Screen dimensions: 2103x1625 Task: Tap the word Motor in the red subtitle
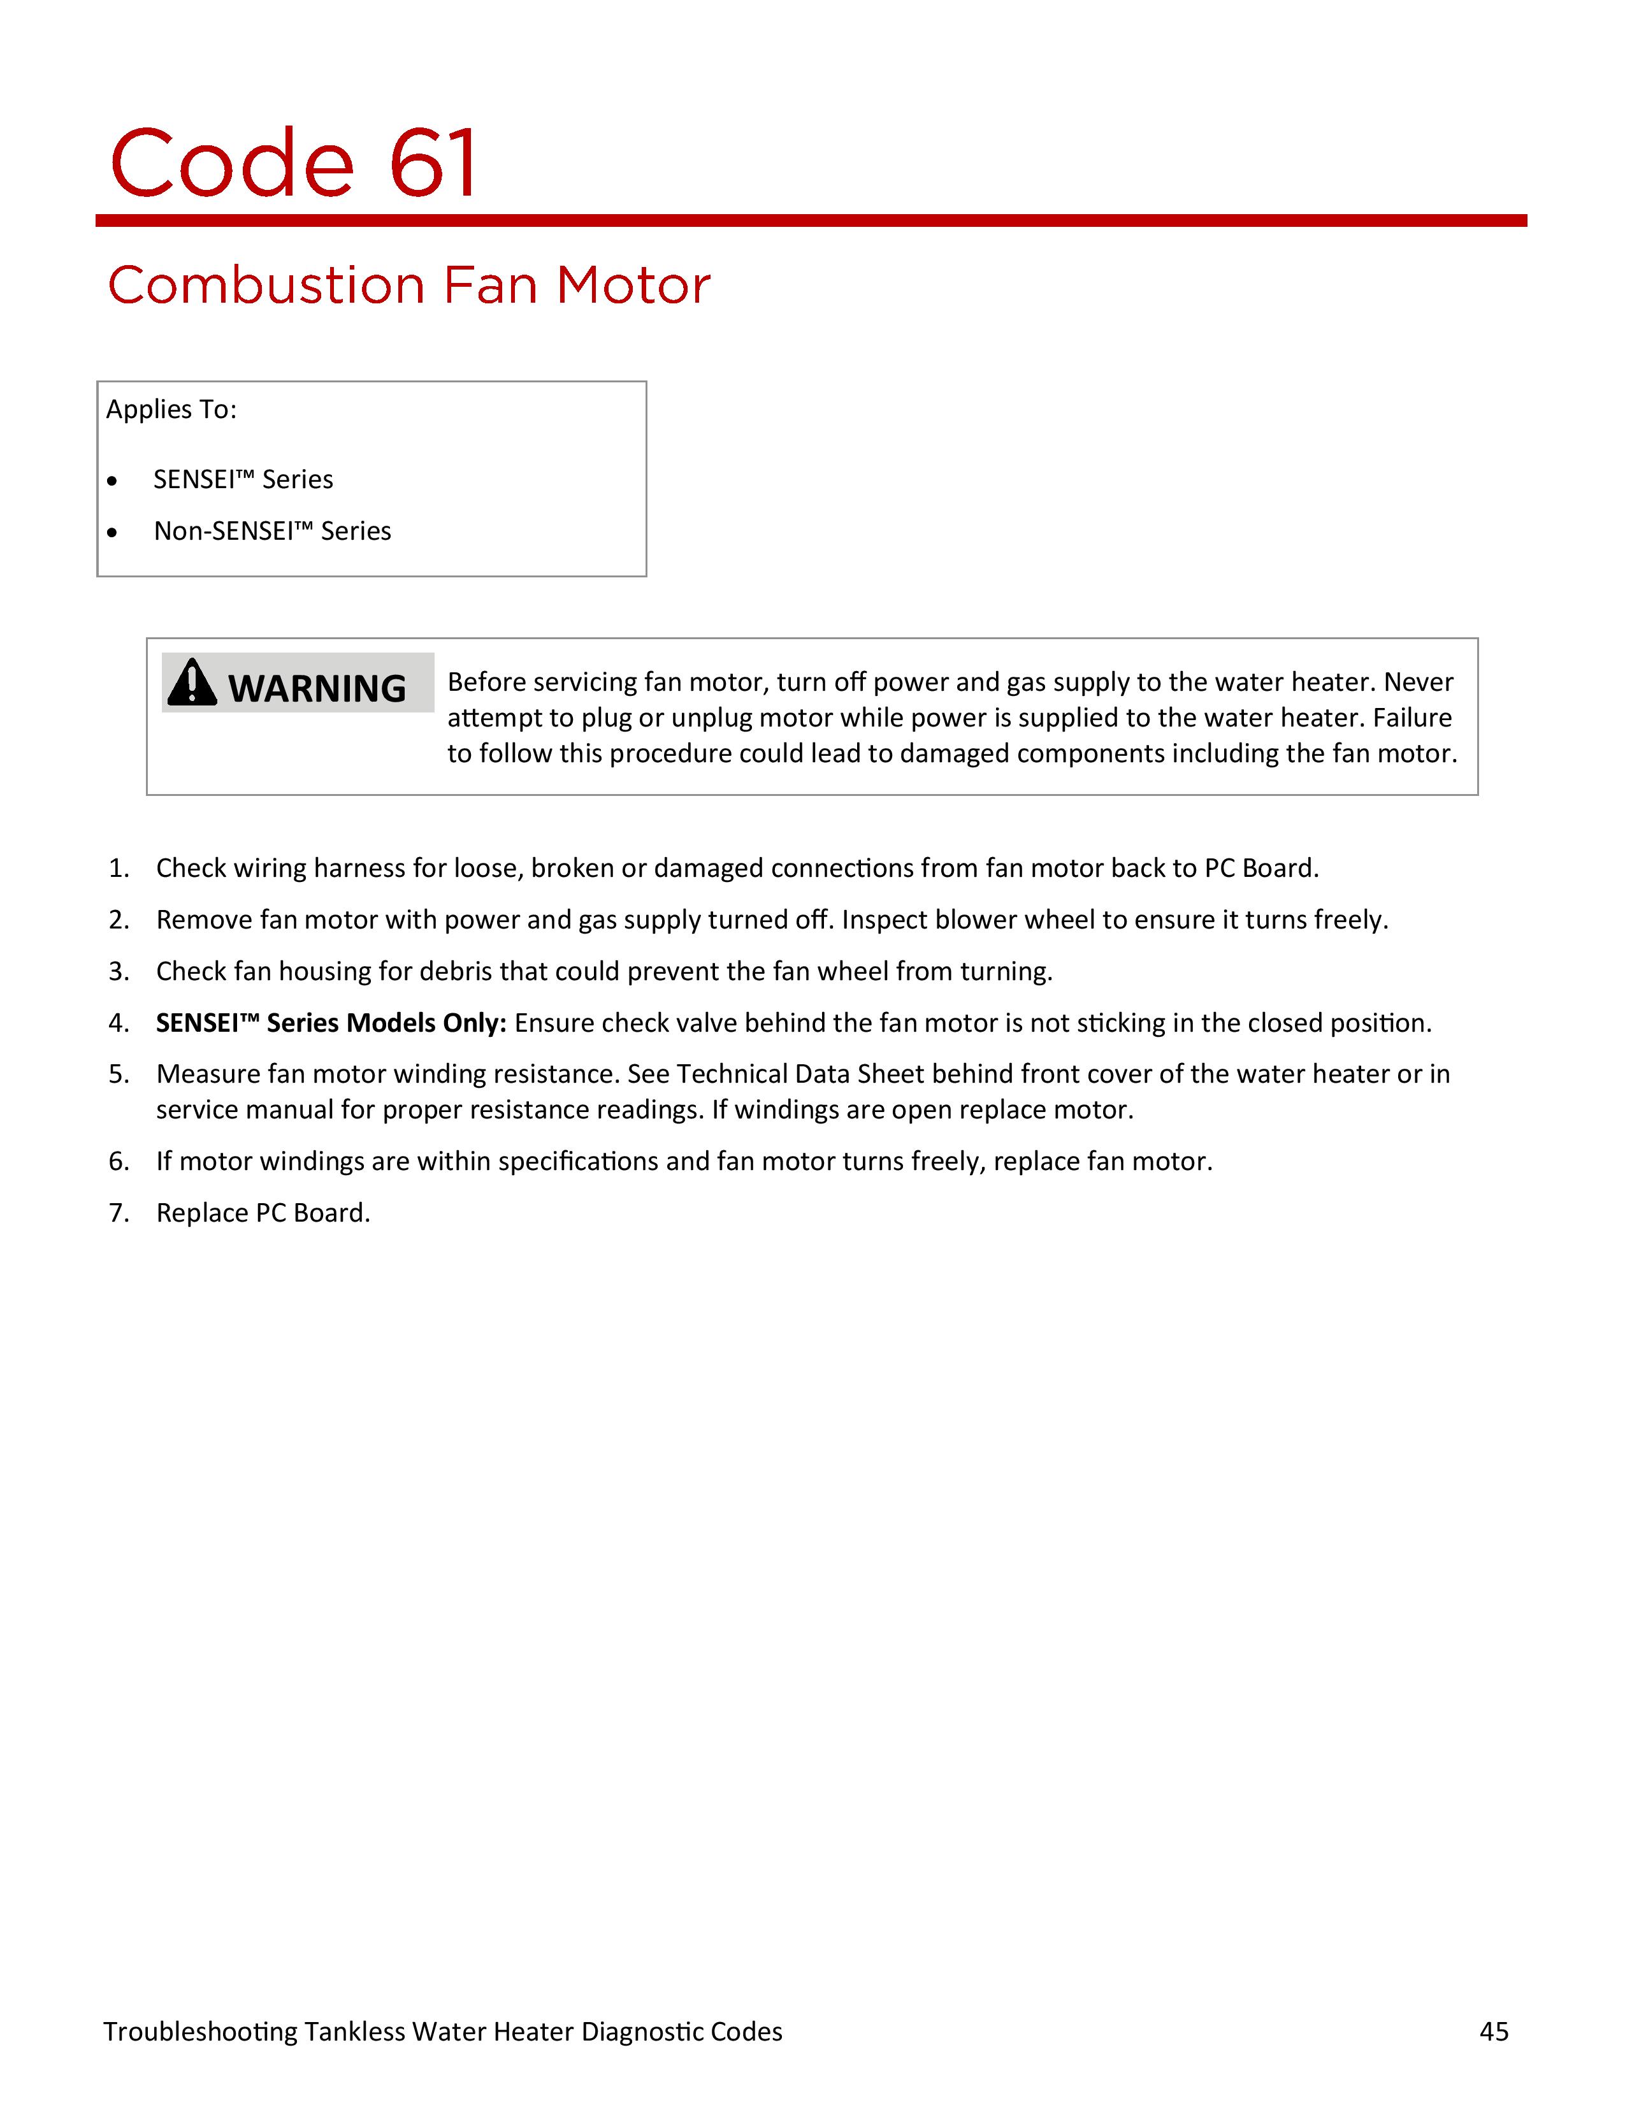pyautogui.click(x=633, y=286)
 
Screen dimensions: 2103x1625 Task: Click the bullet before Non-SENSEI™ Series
pyautogui.click(x=113, y=531)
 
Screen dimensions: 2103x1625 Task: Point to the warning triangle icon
pyautogui.click(x=192, y=683)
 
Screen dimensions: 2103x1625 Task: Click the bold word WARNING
pyautogui.click(x=317, y=688)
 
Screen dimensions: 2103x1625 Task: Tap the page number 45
pyautogui.click(x=1493, y=2031)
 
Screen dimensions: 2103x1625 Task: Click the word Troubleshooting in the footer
pyautogui.click(x=200, y=2031)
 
